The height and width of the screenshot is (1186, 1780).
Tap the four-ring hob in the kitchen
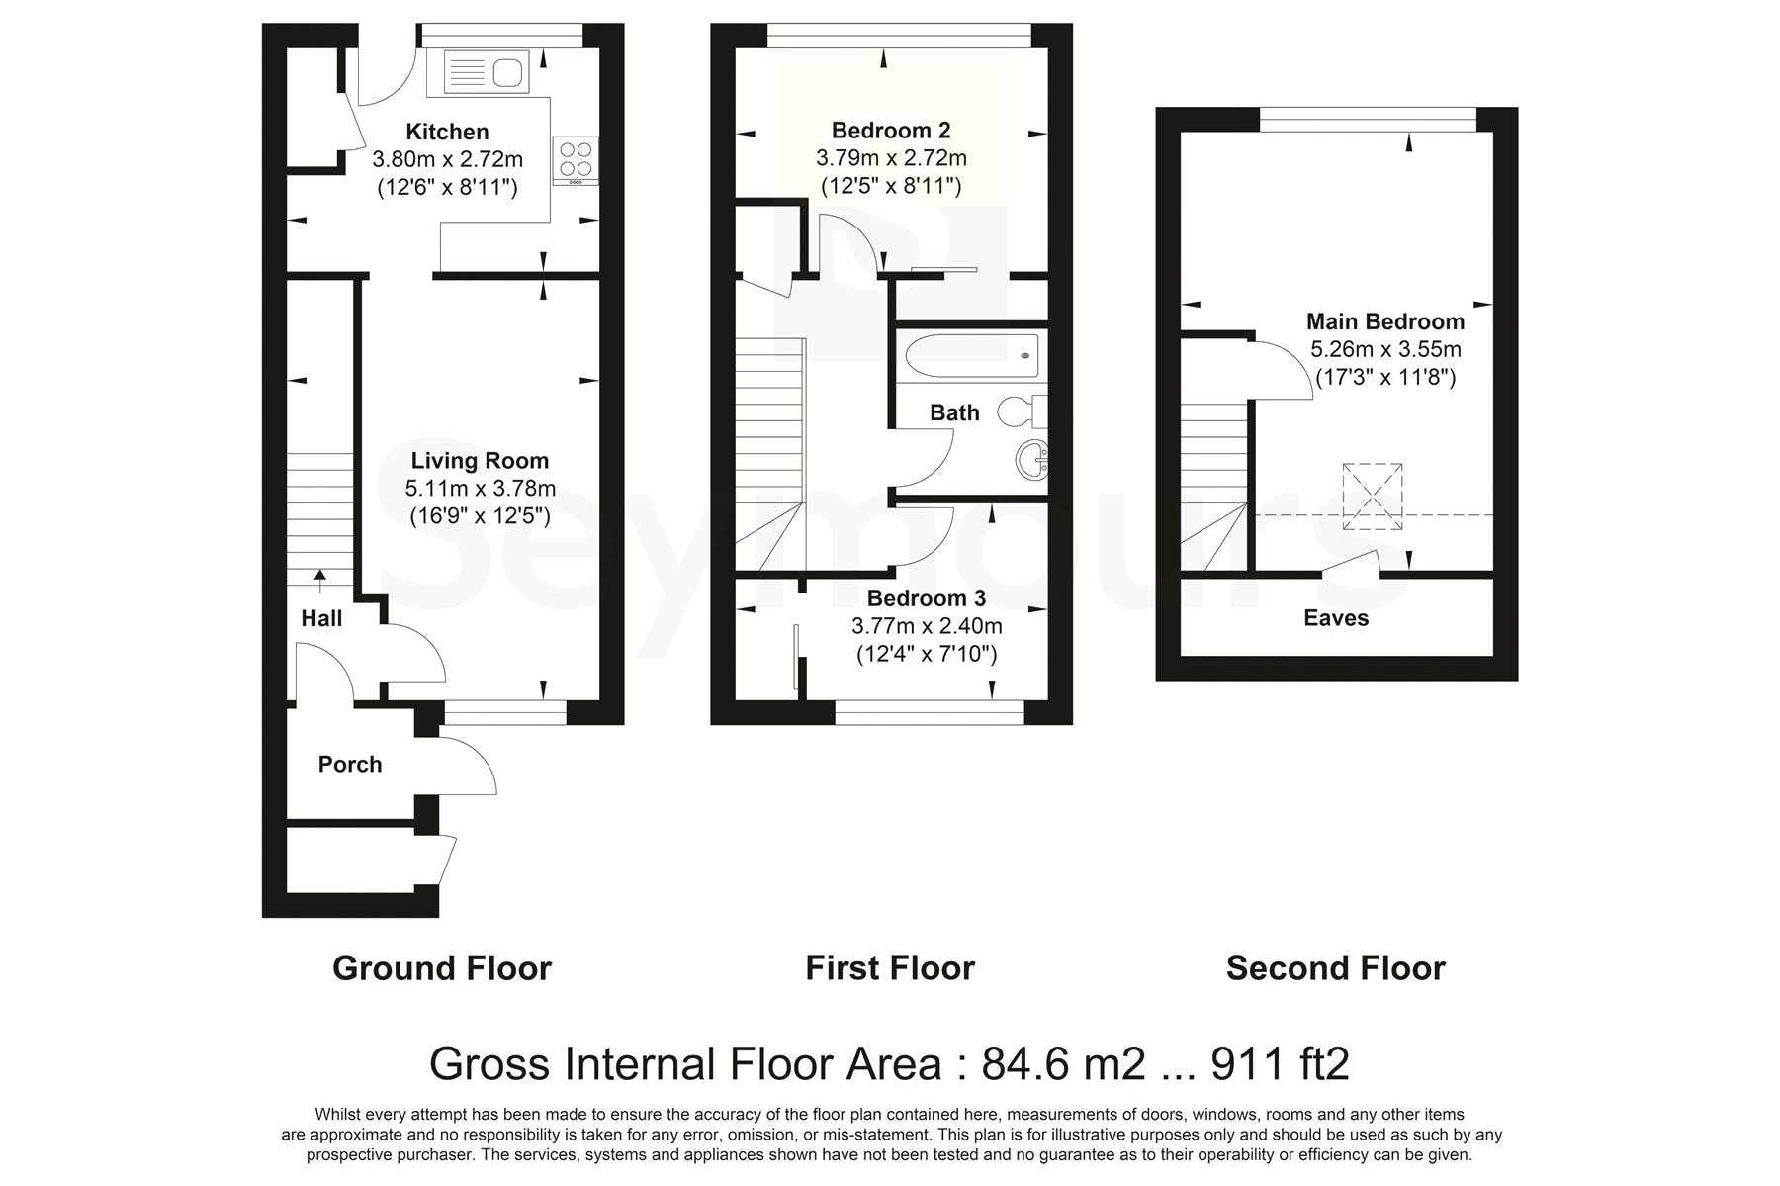pyautogui.click(x=577, y=160)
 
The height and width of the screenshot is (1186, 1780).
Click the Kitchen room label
pyautogui.click(x=447, y=132)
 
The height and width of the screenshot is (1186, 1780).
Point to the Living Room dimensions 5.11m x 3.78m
pyautogui.click(x=481, y=488)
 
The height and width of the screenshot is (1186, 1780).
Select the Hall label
pyautogui.click(x=321, y=618)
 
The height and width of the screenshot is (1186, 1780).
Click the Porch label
pyautogui.click(x=350, y=764)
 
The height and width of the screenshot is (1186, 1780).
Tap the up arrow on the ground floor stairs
pyautogui.click(x=320, y=581)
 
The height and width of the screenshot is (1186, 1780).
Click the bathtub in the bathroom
pyautogui.click(x=970, y=353)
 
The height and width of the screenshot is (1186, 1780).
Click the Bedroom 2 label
pyautogui.click(x=891, y=130)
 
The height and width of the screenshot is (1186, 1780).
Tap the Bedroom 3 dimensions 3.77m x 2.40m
pyautogui.click(x=927, y=626)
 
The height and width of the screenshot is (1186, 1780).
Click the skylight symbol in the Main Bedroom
pyautogui.click(x=1373, y=497)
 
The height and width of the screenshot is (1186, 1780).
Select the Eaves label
pyautogui.click(x=1336, y=618)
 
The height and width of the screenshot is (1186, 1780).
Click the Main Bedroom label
pyautogui.click(x=1385, y=321)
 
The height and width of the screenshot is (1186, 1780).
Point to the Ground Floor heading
pyautogui.click(x=442, y=967)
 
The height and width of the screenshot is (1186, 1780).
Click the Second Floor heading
pyautogui.click(x=1336, y=967)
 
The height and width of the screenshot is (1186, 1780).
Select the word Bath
pyautogui.click(x=954, y=412)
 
